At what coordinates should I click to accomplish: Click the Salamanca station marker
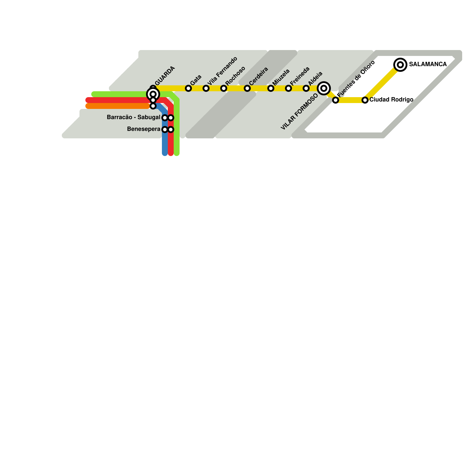(x=400, y=64)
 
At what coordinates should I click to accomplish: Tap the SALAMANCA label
(x=428, y=64)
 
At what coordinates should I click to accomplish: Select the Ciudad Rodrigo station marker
(x=365, y=100)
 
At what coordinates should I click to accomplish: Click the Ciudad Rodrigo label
(x=391, y=100)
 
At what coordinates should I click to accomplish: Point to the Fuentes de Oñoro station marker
(x=336, y=100)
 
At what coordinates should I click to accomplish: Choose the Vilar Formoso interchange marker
(x=324, y=88)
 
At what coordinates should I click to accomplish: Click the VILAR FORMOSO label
(x=299, y=112)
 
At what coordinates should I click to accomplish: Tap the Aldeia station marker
(x=306, y=88)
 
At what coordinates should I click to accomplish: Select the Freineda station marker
(x=288, y=88)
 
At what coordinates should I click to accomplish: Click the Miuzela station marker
(x=271, y=88)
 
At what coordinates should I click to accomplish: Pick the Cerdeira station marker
(x=247, y=88)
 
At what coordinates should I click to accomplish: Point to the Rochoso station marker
(x=224, y=88)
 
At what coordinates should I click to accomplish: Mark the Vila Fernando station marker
(x=206, y=88)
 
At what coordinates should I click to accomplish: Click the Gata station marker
(x=188, y=88)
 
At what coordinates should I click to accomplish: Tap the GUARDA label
(x=165, y=76)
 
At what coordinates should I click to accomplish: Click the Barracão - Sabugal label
(x=133, y=117)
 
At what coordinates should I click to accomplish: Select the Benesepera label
(x=144, y=129)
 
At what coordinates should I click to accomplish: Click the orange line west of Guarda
(x=118, y=106)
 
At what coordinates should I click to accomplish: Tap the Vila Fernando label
(x=223, y=71)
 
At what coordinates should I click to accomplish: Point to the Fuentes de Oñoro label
(x=356, y=79)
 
